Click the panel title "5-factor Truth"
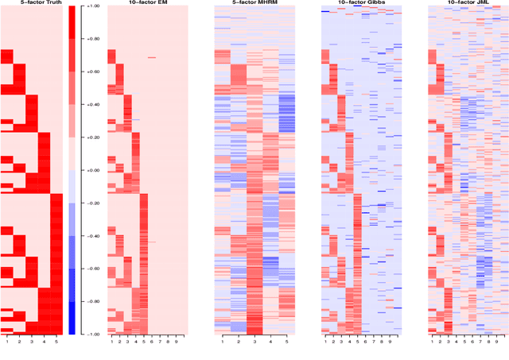pyautogui.click(x=32, y=3)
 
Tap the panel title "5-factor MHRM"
pyautogui.click(x=254, y=3)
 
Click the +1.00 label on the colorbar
pyautogui.click(x=91, y=6)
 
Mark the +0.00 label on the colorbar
pyautogui.click(x=91, y=170)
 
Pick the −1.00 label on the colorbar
pyautogui.click(x=91, y=334)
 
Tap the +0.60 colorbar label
pyautogui.click(x=91, y=72)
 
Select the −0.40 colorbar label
pyautogui.click(x=91, y=236)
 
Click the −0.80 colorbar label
pyautogui.click(x=91, y=301)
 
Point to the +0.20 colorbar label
pyautogui.click(x=91, y=137)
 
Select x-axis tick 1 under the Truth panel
pyautogui.click(x=6, y=342)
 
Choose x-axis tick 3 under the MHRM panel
pyautogui.click(x=254, y=342)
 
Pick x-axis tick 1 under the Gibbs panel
pyautogui.click(x=324, y=342)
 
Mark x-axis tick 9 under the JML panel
pyautogui.click(x=497, y=342)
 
